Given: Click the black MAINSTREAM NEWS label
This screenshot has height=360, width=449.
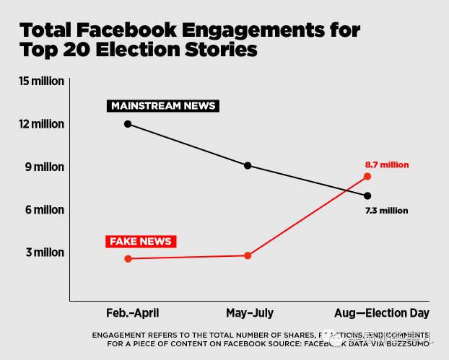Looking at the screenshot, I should (162, 106).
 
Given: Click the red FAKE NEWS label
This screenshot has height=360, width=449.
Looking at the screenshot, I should (141, 241).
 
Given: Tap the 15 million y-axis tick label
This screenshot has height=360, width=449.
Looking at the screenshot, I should (42, 82).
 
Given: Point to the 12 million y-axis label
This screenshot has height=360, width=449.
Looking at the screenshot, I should (42, 124).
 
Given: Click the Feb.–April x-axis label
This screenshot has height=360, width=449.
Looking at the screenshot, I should (132, 313).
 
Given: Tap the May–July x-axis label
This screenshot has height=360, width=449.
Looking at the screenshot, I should (250, 313).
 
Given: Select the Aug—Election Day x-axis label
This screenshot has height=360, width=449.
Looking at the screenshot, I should (382, 313).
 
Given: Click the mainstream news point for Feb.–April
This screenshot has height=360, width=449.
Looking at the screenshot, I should (128, 124).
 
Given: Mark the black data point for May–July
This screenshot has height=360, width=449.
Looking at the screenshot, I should (248, 165).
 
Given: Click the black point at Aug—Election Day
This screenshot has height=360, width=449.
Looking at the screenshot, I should (367, 196).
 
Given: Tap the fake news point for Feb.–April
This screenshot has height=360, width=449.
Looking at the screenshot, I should (128, 258).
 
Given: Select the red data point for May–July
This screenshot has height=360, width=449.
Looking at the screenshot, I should (248, 255).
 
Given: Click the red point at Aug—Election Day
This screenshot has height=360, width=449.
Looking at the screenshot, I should (367, 176).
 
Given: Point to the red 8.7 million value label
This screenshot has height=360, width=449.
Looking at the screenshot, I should (387, 164).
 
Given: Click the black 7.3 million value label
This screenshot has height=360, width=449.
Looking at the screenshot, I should (386, 211).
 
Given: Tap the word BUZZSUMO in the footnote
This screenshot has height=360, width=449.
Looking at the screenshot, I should (408, 344).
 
